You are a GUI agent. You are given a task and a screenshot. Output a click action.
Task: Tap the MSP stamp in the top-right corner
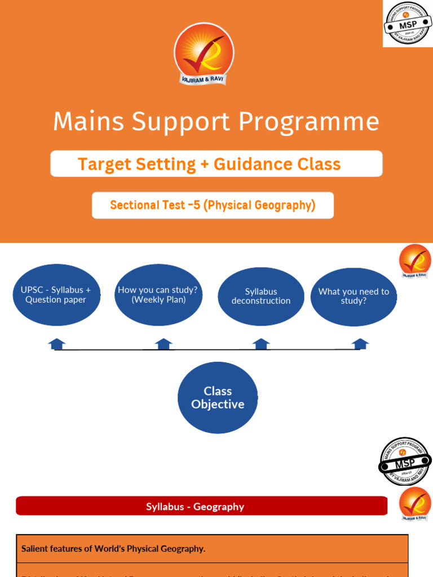pyautogui.click(x=408, y=24)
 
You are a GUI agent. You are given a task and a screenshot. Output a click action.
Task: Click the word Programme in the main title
pyautogui.click(x=308, y=122)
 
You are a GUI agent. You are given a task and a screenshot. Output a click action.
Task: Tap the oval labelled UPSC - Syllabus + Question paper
pyautogui.click(x=56, y=295)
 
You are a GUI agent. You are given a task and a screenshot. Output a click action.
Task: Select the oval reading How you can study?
pyautogui.click(x=158, y=295)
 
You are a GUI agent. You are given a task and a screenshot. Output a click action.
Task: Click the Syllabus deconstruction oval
pyautogui.click(x=260, y=296)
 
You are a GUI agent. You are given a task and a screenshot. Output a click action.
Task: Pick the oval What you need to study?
pyautogui.click(x=354, y=296)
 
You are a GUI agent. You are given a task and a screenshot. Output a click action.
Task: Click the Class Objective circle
pyautogui.click(x=218, y=398)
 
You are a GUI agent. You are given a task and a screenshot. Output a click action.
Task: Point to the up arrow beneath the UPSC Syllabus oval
pyautogui.click(x=57, y=344)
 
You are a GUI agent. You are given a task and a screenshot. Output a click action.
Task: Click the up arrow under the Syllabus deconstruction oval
pyautogui.click(x=261, y=344)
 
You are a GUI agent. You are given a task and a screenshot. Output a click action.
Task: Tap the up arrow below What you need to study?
pyautogui.click(x=360, y=344)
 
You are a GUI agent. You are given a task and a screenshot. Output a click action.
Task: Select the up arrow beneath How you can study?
pyautogui.click(x=164, y=344)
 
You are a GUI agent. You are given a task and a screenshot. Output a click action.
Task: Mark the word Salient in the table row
pyautogui.click(x=34, y=549)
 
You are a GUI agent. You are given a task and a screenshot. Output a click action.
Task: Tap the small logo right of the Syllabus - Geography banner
pyautogui.click(x=415, y=504)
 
